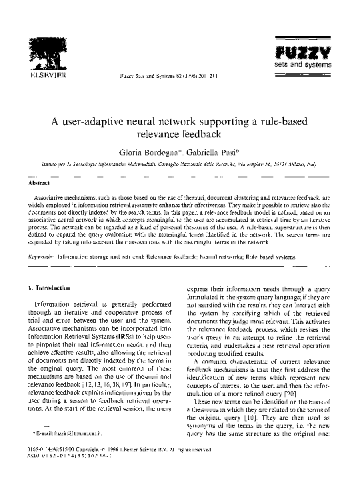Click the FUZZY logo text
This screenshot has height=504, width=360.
294,54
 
